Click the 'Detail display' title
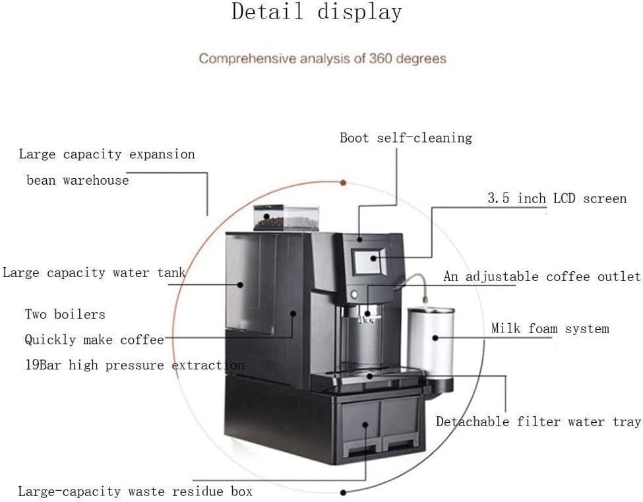point(317,13)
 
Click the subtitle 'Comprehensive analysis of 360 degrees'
point(322,59)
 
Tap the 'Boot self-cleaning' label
point(406,138)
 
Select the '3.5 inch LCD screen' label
point(557,198)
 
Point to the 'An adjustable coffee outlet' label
point(541,276)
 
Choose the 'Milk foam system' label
point(549,329)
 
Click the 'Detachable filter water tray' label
point(538,422)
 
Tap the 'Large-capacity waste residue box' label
point(135,491)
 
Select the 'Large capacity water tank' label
point(94,272)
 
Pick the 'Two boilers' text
point(65,314)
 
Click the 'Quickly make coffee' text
point(94,340)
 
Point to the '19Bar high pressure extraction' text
point(134,365)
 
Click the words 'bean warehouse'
point(77,180)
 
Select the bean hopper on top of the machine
point(286,217)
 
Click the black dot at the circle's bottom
point(344,492)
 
